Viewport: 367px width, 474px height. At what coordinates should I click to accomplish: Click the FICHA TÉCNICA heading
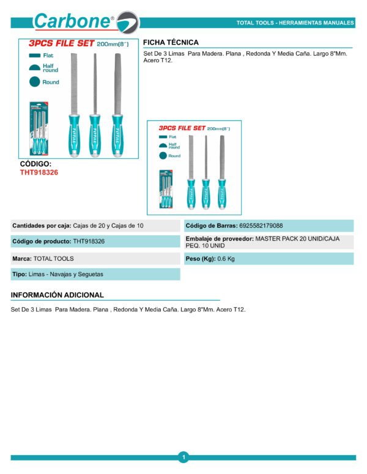pos(171,42)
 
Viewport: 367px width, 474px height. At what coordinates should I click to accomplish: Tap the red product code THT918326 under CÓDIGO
pos(39,172)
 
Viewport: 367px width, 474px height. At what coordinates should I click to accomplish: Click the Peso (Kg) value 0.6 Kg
pos(226,258)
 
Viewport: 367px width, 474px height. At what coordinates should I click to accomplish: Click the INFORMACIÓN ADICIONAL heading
pos(57,295)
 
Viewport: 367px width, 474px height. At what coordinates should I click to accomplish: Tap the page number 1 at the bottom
pos(183,456)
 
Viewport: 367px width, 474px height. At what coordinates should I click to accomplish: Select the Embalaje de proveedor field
pos(268,242)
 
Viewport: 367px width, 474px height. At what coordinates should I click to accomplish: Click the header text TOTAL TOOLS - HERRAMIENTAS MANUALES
pos(295,23)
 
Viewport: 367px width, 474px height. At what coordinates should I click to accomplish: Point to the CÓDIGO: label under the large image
pos(35,164)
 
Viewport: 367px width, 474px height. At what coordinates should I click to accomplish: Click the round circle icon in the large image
pos(34,82)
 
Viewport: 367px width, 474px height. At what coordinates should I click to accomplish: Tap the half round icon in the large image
pos(34,68)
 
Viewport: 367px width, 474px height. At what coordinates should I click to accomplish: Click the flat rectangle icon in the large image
pos(34,56)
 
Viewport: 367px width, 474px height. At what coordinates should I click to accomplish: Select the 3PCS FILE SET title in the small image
pos(182,129)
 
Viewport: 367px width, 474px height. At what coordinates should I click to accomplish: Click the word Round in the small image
pos(174,156)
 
